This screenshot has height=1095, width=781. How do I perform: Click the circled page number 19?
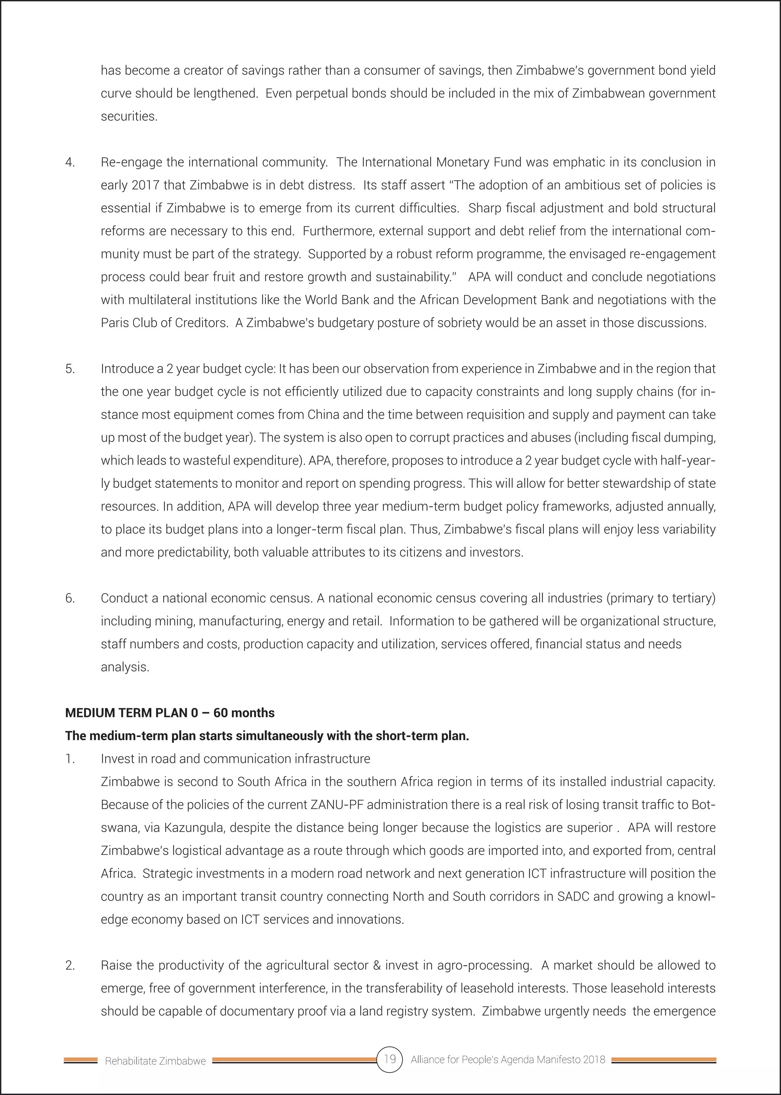(x=389, y=1059)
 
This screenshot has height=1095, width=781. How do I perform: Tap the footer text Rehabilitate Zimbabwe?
(x=155, y=1061)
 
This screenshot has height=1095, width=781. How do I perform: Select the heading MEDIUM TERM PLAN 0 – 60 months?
(x=170, y=713)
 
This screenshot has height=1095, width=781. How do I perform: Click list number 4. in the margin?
(x=70, y=162)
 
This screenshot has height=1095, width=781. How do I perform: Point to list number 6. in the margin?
(x=70, y=598)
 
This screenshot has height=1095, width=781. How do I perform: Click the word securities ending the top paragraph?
(x=129, y=116)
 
